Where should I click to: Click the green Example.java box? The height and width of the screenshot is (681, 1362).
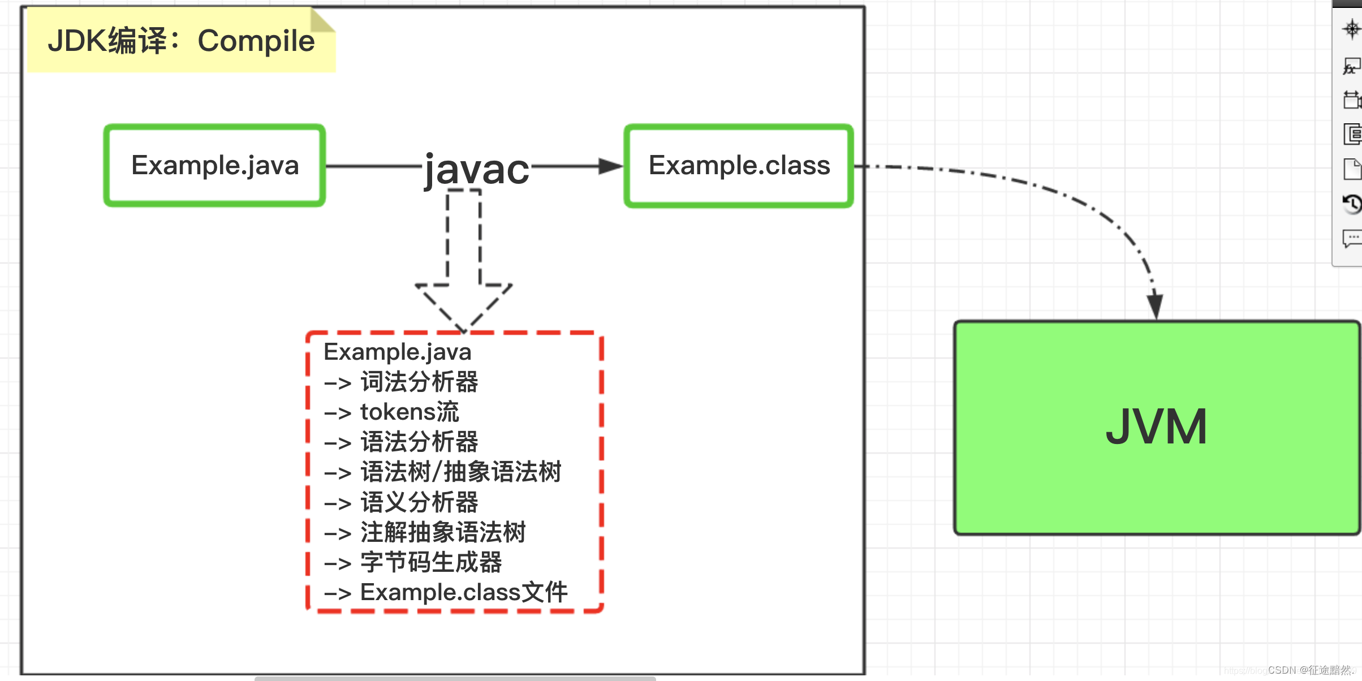pos(214,166)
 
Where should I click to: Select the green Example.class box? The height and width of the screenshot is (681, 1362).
pos(739,166)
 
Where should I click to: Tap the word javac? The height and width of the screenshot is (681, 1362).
pos(476,169)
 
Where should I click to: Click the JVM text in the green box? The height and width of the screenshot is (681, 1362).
pos(1157,427)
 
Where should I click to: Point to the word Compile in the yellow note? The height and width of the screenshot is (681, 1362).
pos(256,41)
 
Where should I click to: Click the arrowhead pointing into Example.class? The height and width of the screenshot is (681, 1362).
pos(610,166)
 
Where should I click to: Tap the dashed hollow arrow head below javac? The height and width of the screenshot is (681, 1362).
pos(464,305)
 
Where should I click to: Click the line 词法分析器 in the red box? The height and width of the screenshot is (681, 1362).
pos(419,382)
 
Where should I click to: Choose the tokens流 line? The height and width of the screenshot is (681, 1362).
pos(409,412)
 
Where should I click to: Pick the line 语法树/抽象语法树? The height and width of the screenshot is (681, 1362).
pos(460,472)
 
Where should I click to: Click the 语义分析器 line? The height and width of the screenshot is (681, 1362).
pos(419,502)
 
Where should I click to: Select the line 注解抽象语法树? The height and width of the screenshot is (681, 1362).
pos(442,532)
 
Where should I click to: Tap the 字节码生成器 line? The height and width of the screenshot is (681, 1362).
pos(430,562)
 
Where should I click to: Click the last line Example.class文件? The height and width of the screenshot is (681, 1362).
pos(463,592)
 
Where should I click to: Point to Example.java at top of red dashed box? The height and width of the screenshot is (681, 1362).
pos(397,352)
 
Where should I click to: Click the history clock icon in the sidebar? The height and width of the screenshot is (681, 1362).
pos(1352,204)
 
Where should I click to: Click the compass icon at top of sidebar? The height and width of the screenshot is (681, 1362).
pos(1352,28)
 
